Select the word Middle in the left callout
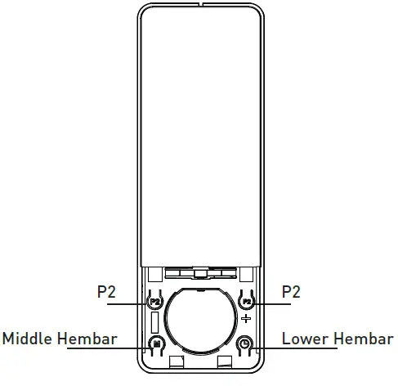(x=29, y=338)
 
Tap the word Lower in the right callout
(x=301, y=338)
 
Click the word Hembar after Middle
(x=87, y=338)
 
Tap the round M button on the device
(x=157, y=344)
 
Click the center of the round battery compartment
(x=200, y=320)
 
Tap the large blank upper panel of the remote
(x=200, y=139)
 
